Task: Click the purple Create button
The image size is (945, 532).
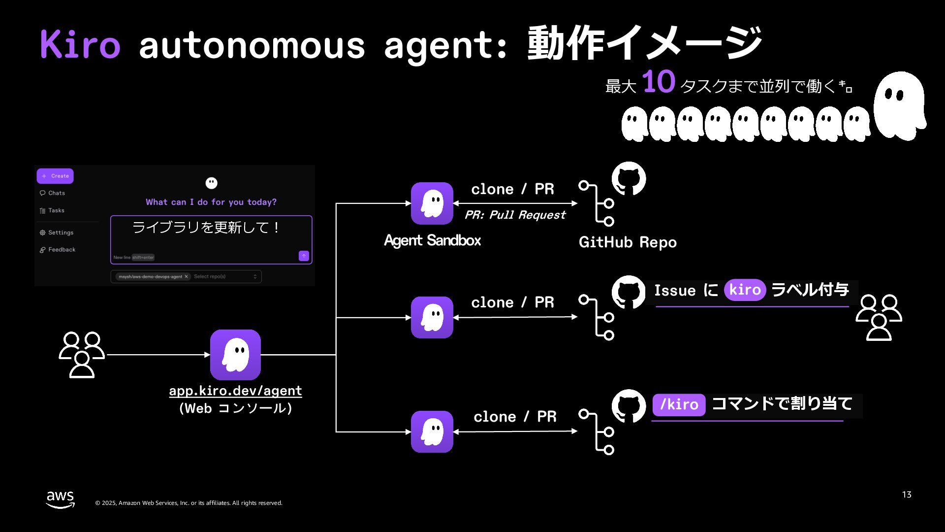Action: click(55, 176)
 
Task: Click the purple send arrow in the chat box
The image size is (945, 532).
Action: click(304, 256)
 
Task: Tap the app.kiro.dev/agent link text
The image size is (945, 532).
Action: click(235, 391)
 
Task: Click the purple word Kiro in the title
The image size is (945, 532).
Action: click(80, 44)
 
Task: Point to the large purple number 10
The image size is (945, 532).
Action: click(659, 82)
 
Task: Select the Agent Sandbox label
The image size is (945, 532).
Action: click(432, 240)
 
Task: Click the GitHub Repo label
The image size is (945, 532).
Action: click(628, 242)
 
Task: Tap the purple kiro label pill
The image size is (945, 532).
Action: click(745, 290)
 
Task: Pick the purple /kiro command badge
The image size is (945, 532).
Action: click(679, 404)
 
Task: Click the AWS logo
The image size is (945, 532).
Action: click(61, 499)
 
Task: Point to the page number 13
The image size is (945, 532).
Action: click(907, 495)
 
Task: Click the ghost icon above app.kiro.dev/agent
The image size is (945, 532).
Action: click(235, 355)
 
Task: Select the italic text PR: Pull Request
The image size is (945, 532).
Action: click(515, 215)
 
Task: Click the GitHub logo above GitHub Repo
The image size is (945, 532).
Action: click(629, 179)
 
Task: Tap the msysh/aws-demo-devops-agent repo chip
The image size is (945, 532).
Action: click(150, 277)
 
